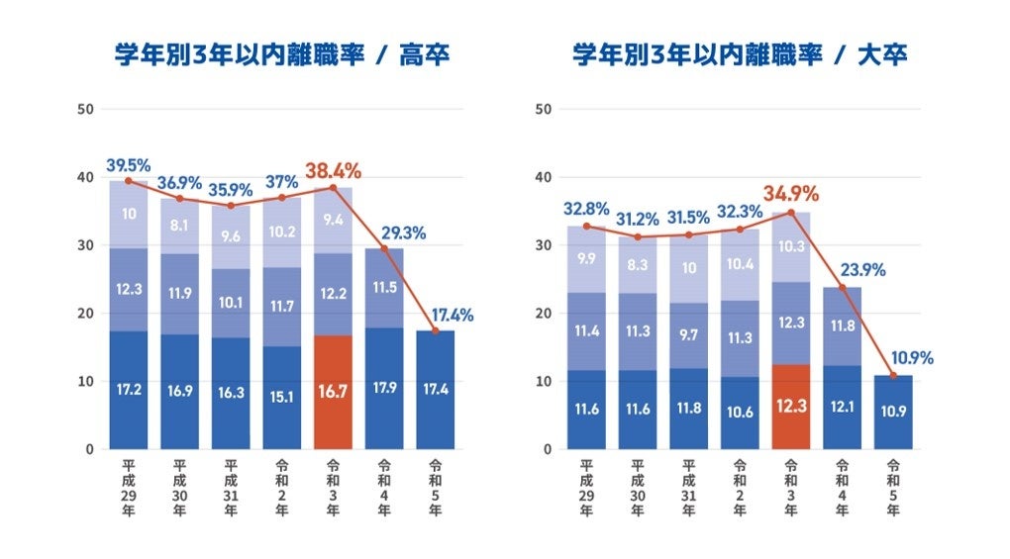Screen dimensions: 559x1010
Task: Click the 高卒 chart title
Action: [282, 56]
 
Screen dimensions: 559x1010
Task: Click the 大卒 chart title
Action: [740, 56]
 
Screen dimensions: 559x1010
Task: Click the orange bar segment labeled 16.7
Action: [333, 392]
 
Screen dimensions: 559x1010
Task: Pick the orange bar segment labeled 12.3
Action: [790, 407]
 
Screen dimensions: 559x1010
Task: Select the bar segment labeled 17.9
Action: [384, 388]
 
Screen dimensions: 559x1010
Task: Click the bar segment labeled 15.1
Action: [282, 398]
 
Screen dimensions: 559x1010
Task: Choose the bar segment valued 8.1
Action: [179, 226]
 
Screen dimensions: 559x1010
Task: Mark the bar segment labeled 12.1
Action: [842, 407]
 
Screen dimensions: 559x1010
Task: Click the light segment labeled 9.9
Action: [586, 258]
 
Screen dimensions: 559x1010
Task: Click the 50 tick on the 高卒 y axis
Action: [86, 109]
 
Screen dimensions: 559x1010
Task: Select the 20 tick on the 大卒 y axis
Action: [544, 314]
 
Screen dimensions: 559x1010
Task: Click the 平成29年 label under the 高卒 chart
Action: [128, 486]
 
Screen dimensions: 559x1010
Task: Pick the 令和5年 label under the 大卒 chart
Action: [893, 486]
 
